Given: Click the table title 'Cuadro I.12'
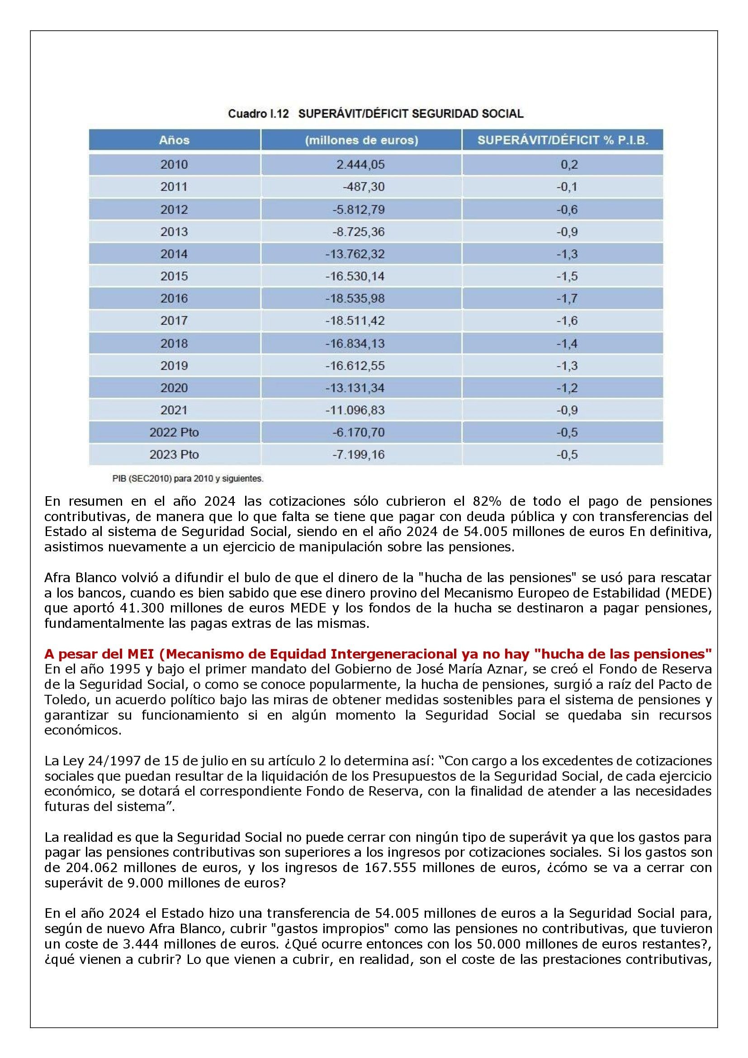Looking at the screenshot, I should [x=258, y=114].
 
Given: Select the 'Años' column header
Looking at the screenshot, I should [x=174, y=140].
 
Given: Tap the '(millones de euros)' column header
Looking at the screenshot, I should [x=361, y=140].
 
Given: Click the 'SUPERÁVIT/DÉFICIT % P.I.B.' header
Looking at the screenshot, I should [x=563, y=140].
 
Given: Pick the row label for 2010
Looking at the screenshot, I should [x=174, y=165].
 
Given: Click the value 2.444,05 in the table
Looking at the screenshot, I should [x=360, y=165].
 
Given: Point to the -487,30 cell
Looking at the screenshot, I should [x=364, y=187].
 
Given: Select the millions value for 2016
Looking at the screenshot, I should [x=355, y=298].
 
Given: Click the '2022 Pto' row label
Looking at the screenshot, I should [x=174, y=432].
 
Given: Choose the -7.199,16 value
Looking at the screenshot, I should [x=358, y=454].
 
